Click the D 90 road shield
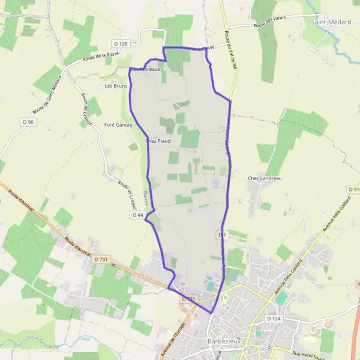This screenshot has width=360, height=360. click(x=28, y=122)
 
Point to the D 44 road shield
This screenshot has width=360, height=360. click(x=137, y=214)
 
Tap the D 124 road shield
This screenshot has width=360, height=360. click(x=273, y=319)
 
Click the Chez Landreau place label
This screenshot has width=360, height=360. click(x=265, y=178)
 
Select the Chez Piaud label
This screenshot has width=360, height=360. click(x=158, y=141)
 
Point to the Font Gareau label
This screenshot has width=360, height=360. click(x=118, y=125)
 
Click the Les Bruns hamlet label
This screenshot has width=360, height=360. click(x=116, y=86)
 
